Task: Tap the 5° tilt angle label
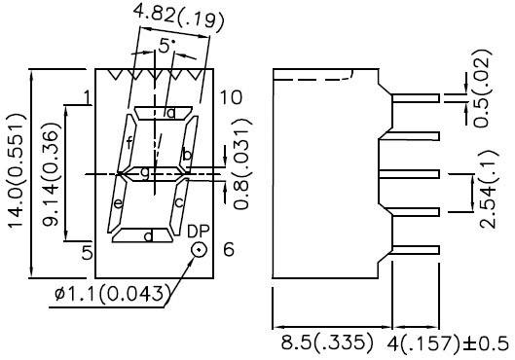[x=168, y=46]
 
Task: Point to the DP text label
[x=198, y=231]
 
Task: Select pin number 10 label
[x=230, y=96]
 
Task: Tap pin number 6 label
[x=229, y=250]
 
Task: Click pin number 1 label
[x=87, y=96]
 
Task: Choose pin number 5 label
[x=87, y=250]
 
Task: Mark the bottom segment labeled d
[x=147, y=235]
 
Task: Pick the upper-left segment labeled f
[x=129, y=144]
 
